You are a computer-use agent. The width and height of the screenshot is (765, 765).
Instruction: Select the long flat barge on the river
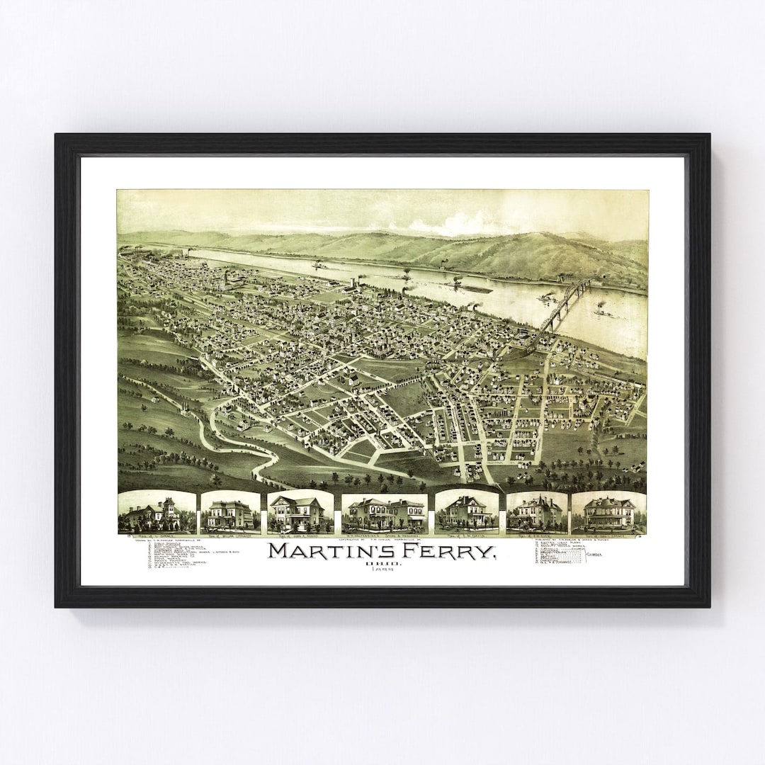click(x=473, y=288)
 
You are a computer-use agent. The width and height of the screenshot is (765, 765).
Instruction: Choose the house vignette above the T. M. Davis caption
click(x=467, y=511)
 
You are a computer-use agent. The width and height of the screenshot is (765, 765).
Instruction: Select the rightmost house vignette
click(x=608, y=512)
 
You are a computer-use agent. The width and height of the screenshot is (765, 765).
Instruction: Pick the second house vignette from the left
click(x=230, y=512)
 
